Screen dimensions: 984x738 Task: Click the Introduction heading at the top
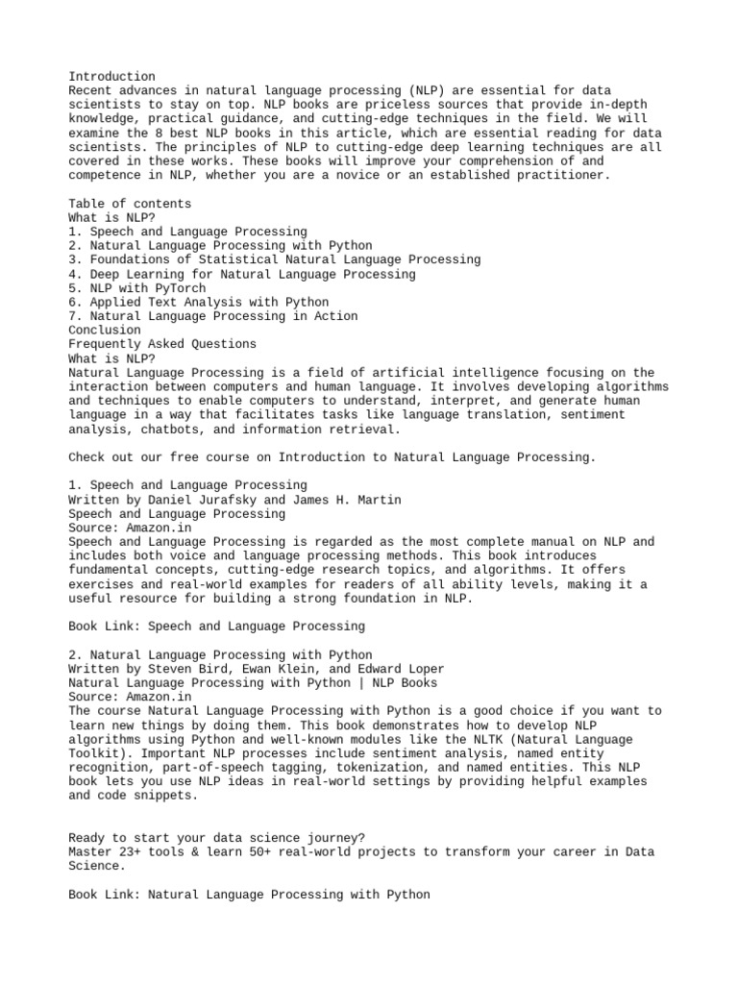pos(111,77)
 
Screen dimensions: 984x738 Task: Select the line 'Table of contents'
pos(130,204)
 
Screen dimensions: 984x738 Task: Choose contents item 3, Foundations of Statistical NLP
pos(275,259)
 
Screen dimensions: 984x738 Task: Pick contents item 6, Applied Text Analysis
pos(199,303)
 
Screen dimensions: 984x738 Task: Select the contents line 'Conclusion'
pos(105,331)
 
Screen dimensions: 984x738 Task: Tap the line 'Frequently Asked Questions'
pos(162,344)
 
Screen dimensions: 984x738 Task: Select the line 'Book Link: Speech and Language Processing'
pos(216,627)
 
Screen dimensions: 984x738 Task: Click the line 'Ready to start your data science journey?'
pos(216,838)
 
